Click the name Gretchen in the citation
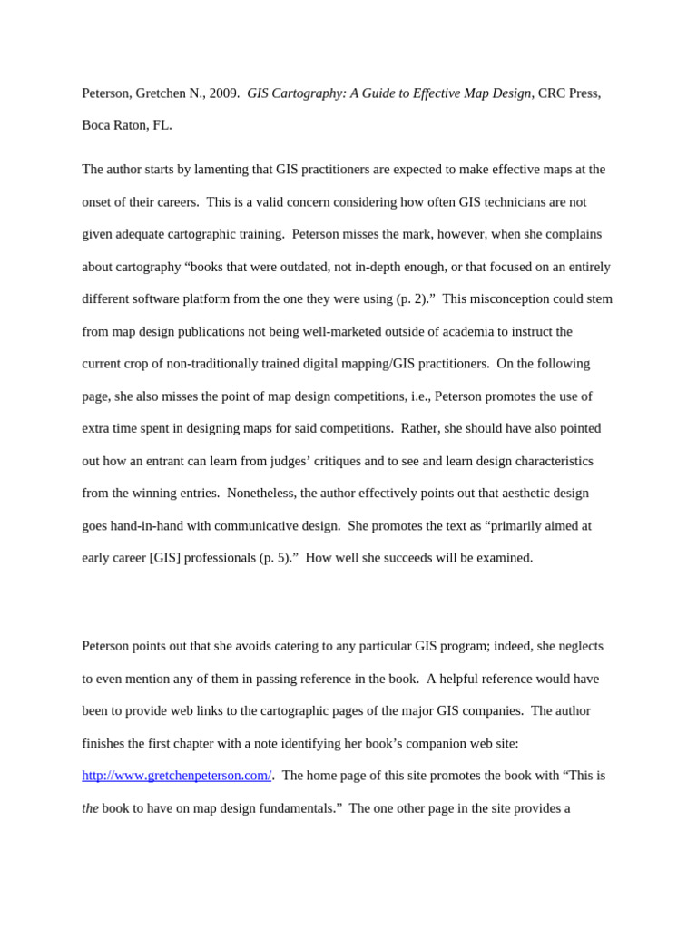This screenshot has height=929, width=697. tap(164, 93)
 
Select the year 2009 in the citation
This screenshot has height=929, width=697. tap(223, 93)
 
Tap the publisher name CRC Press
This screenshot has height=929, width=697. tap(568, 93)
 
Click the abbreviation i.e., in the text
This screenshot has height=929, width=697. tap(391, 396)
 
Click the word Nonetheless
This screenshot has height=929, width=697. tap(261, 494)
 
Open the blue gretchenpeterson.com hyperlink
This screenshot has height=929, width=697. tap(177, 776)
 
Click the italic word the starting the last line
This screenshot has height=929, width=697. tap(90, 808)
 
